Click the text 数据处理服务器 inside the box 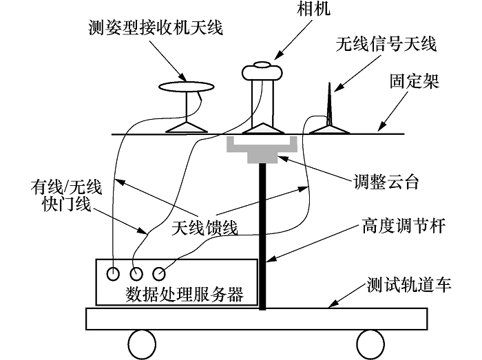[x=185, y=294]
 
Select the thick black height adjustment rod [x=262, y=234]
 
